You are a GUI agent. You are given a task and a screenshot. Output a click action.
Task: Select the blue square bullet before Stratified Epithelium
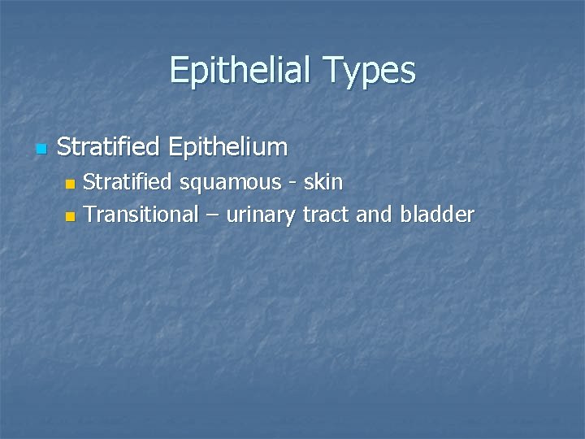pos(41,149)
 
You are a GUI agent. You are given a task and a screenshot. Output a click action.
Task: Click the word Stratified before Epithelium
pos(107,147)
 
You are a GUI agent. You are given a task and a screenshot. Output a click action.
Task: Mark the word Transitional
pos(141,215)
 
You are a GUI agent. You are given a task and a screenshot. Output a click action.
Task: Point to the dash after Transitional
pos(212,216)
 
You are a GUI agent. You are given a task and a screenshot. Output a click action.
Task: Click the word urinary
pos(262,215)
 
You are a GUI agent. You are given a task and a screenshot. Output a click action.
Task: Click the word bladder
pos(437,215)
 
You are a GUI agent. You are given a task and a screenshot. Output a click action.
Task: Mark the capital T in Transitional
pos(89,215)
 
